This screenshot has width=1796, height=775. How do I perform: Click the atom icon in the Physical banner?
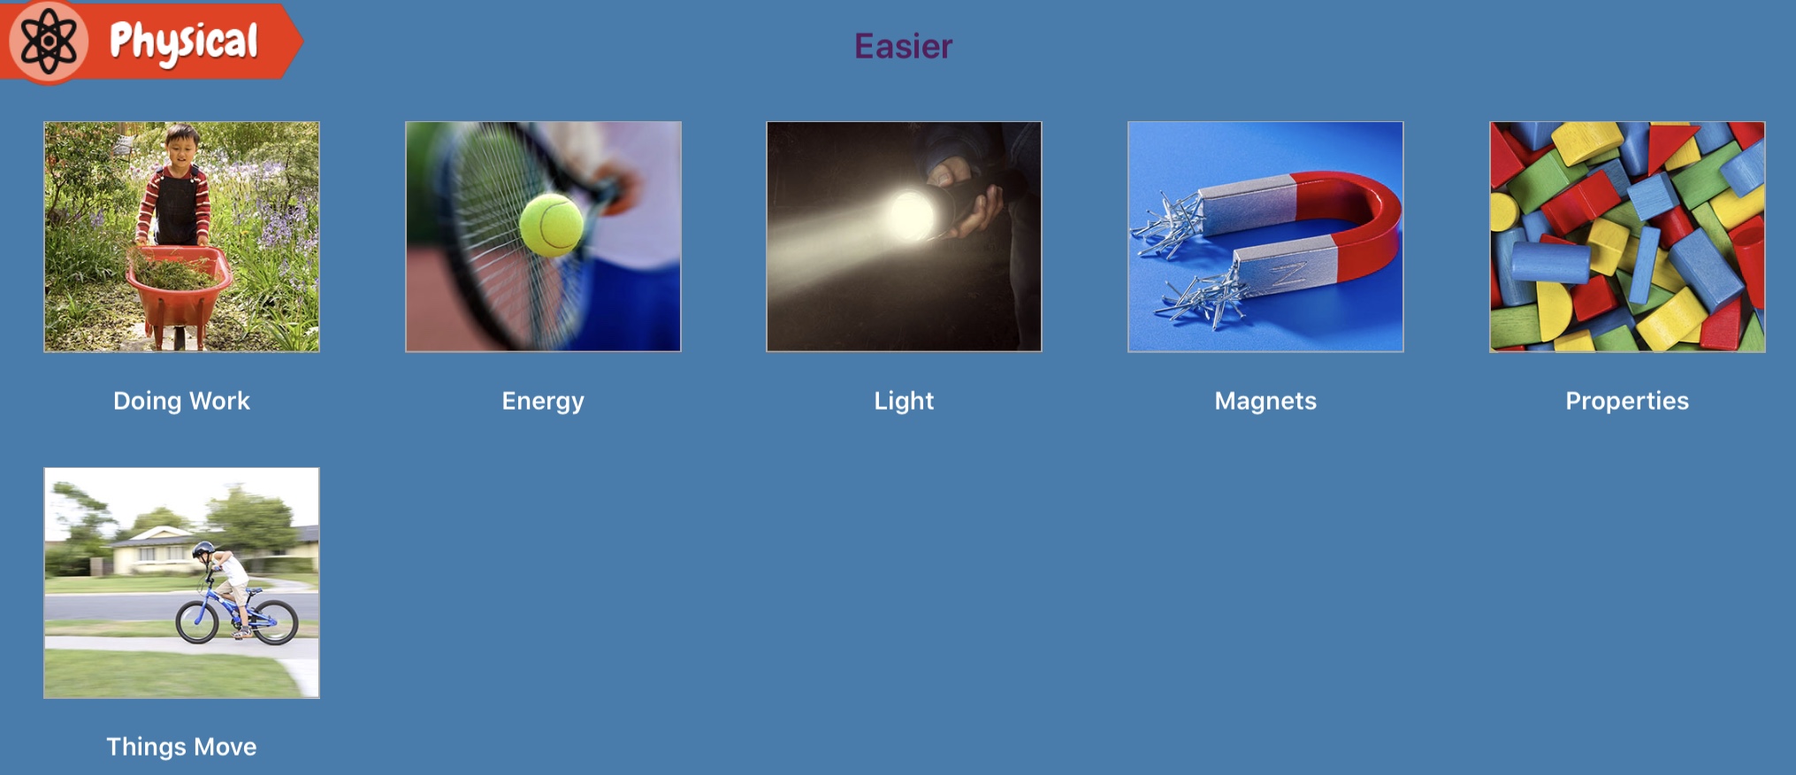tap(49, 41)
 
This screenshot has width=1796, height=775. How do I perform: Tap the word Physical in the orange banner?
tap(184, 42)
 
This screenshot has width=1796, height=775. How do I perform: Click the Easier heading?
tap(903, 46)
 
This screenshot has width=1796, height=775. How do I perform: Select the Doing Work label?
tap(181, 401)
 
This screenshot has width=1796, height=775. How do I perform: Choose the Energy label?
tap(543, 402)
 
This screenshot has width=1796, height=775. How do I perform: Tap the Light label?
tap(904, 402)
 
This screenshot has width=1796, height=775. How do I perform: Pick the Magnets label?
tap(1265, 401)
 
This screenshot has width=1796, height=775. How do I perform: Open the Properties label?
tap(1627, 402)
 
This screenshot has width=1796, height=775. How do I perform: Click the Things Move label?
tap(181, 748)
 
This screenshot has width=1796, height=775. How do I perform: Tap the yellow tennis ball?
tap(551, 225)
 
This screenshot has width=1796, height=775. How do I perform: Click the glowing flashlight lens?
tap(912, 215)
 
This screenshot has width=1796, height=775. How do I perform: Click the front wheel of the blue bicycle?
tap(196, 621)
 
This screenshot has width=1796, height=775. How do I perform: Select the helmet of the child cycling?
tap(203, 549)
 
